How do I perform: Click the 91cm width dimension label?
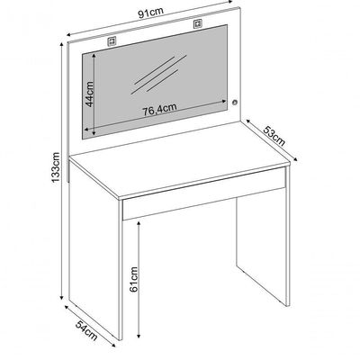pos(150,13)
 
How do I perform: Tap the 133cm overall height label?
pos(56,167)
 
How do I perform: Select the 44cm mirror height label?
pos(89,94)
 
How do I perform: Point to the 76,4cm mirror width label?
pos(159,109)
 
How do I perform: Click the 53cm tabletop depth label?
pos(274,136)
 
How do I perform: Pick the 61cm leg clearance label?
pos(134,279)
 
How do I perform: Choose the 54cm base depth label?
pos(86,330)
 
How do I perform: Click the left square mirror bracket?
pos(112,40)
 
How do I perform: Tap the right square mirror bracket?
pos(198,24)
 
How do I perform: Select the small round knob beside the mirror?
pos(234,103)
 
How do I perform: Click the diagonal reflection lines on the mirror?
pos(160,74)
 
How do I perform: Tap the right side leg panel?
pos(263,240)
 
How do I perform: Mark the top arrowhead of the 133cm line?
pos(62,45)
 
